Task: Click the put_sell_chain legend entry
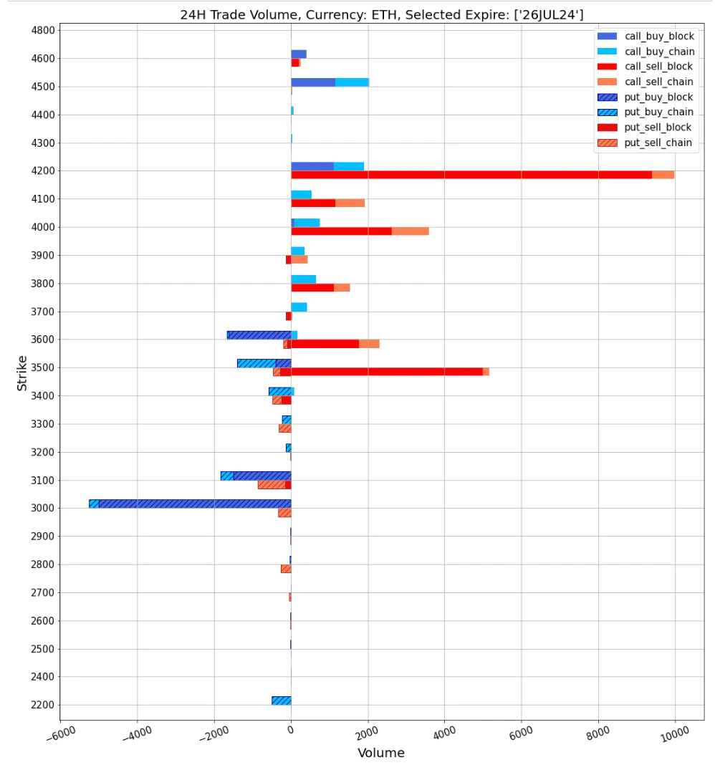(x=658, y=143)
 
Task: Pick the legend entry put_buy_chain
(x=658, y=112)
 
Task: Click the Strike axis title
(x=22, y=372)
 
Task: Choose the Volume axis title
(x=381, y=753)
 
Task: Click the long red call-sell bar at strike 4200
(x=471, y=175)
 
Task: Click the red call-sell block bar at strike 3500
(x=387, y=372)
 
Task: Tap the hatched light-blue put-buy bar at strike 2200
(x=282, y=701)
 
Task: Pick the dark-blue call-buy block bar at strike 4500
(x=313, y=82)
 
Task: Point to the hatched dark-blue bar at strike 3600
(x=259, y=335)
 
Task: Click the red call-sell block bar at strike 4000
(x=342, y=231)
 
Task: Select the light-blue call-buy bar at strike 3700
(x=299, y=307)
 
